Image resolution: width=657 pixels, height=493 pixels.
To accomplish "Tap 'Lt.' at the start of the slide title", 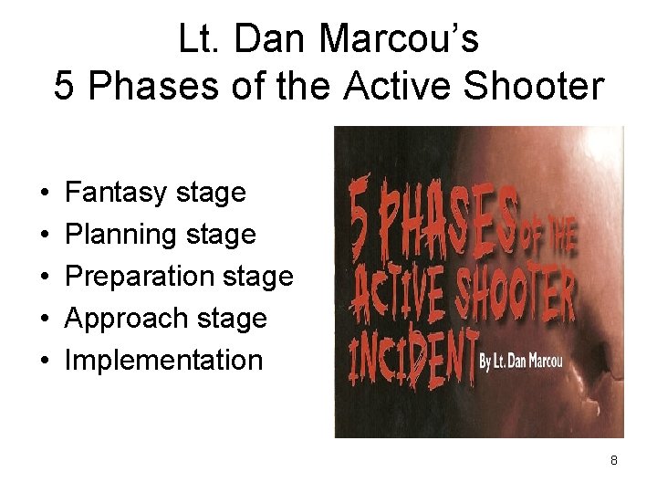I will point(199,39).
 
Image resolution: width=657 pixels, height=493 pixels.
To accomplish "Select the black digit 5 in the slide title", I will point(64,87).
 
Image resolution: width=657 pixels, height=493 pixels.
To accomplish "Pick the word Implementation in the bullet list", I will point(163,360).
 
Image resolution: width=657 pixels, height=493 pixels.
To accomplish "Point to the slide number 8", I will point(614,460).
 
